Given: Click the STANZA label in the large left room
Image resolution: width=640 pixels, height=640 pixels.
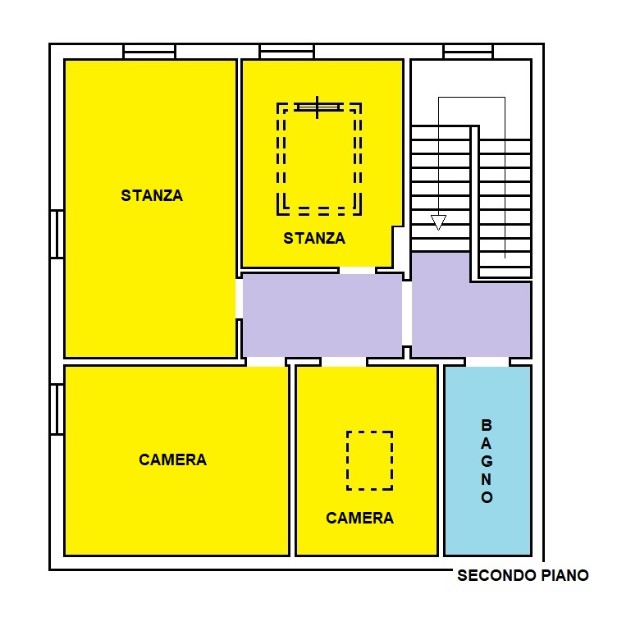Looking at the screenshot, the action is click(152, 195).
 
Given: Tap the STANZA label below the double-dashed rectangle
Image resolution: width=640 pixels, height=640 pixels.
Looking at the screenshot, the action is click(314, 238).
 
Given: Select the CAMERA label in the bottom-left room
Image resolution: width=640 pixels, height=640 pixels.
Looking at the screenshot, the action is click(172, 459).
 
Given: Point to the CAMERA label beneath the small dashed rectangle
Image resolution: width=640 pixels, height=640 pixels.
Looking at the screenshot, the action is click(359, 518).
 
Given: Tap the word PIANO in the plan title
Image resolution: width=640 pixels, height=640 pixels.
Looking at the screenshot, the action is click(565, 575).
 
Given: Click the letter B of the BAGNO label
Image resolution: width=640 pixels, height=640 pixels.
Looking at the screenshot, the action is click(487, 425).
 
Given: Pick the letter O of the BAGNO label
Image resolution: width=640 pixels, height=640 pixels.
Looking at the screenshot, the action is click(487, 497).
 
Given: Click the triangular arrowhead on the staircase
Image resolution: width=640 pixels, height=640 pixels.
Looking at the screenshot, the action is click(438, 222).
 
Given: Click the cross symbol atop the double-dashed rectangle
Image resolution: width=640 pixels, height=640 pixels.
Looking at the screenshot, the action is click(318, 107).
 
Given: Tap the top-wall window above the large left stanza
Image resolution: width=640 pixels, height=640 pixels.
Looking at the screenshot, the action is click(149, 52).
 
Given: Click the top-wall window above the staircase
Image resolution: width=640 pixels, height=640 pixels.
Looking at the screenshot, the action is click(469, 52).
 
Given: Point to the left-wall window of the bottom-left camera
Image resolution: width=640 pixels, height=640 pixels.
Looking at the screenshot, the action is click(57, 409).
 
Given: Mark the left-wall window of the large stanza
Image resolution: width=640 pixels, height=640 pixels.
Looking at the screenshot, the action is click(57, 235).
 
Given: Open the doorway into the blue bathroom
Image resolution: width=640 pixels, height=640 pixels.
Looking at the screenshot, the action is click(487, 362).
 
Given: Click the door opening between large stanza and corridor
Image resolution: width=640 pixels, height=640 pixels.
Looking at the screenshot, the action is click(240, 299).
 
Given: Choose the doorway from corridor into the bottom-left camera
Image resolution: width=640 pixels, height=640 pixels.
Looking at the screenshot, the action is click(266, 362).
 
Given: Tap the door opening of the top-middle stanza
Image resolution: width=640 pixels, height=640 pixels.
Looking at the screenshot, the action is click(357, 270).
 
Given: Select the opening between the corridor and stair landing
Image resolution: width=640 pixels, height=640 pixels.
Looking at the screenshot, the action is click(407, 313).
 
